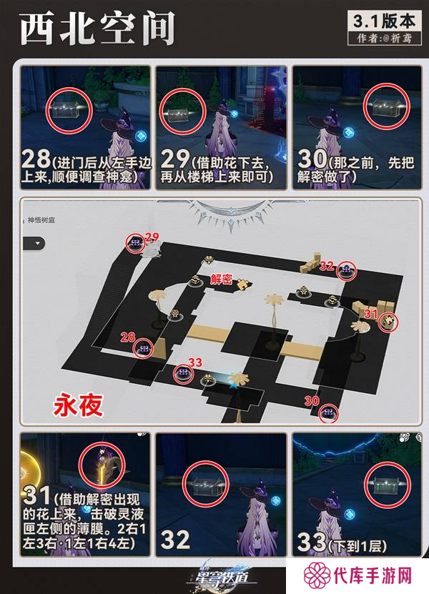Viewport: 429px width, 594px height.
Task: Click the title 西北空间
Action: [97, 30]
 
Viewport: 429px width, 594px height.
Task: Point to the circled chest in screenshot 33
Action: [385, 483]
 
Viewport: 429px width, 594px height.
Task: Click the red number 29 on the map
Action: [151, 237]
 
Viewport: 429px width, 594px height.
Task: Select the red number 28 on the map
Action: [129, 336]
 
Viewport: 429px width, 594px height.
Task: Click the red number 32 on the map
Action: [327, 266]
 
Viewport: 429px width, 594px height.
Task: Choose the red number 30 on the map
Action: [312, 402]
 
